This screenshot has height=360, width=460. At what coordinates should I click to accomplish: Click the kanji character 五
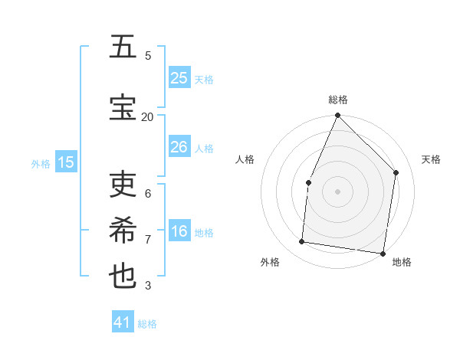[x=123, y=47]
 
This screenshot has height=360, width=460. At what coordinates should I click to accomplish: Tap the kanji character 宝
[x=123, y=108]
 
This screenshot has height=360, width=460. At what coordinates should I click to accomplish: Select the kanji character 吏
[x=123, y=185]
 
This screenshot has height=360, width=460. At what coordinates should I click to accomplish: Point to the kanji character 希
[x=123, y=231]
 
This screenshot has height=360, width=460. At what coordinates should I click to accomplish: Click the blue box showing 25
[x=179, y=78]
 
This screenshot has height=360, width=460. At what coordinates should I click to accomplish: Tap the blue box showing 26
[x=179, y=147]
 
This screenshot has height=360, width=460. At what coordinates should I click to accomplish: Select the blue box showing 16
[x=179, y=231]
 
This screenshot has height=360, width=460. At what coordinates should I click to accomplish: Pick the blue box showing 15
[x=66, y=162]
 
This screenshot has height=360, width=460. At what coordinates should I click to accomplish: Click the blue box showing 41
[x=123, y=322]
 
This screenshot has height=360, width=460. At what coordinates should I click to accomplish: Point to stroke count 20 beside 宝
[x=147, y=116]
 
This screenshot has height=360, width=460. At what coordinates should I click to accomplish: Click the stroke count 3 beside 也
[x=148, y=286]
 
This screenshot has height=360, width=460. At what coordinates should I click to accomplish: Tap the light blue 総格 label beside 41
[x=147, y=324]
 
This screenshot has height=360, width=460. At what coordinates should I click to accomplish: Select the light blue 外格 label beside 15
[x=41, y=163]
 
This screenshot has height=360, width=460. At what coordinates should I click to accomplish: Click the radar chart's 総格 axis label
[x=338, y=100]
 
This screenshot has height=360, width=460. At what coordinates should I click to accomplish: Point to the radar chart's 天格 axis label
[x=431, y=159]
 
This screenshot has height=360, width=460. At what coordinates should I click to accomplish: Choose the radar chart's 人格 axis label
[x=245, y=159]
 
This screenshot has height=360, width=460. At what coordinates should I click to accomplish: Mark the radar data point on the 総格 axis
[x=337, y=116]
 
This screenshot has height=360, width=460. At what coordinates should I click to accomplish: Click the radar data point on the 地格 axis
[x=383, y=253]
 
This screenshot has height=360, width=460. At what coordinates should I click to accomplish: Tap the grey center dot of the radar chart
[x=337, y=191]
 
